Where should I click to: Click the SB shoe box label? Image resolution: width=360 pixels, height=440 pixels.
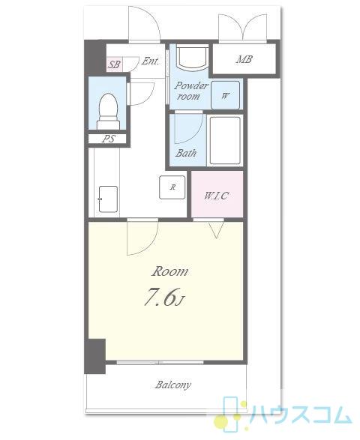(114, 64)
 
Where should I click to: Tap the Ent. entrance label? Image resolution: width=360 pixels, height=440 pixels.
(150, 61)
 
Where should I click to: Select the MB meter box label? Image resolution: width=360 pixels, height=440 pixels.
(244, 59)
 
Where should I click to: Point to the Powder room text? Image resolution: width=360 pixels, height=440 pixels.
(190, 91)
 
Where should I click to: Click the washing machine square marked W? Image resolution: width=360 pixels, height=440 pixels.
(225, 95)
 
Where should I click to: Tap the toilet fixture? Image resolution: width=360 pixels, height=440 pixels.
(108, 111)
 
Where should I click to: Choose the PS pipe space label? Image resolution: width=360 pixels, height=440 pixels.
(109, 139)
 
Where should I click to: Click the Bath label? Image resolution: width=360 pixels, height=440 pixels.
(186, 153)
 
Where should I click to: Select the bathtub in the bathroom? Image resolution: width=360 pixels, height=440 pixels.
(225, 140)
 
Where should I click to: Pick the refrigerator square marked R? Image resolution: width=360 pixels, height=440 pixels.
(172, 187)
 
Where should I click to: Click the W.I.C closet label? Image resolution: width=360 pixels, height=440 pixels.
(216, 196)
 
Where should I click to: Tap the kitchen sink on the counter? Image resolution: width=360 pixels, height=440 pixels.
(108, 199)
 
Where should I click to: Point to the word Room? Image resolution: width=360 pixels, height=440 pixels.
(169, 271)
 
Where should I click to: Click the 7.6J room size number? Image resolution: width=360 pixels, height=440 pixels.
(164, 297)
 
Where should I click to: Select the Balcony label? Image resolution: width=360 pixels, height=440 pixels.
(173, 385)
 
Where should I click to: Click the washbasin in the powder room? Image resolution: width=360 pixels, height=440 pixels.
(193, 58)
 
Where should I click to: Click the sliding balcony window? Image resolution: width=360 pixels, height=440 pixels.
(160, 362)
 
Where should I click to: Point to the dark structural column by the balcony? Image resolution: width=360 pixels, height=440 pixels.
(95, 356)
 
